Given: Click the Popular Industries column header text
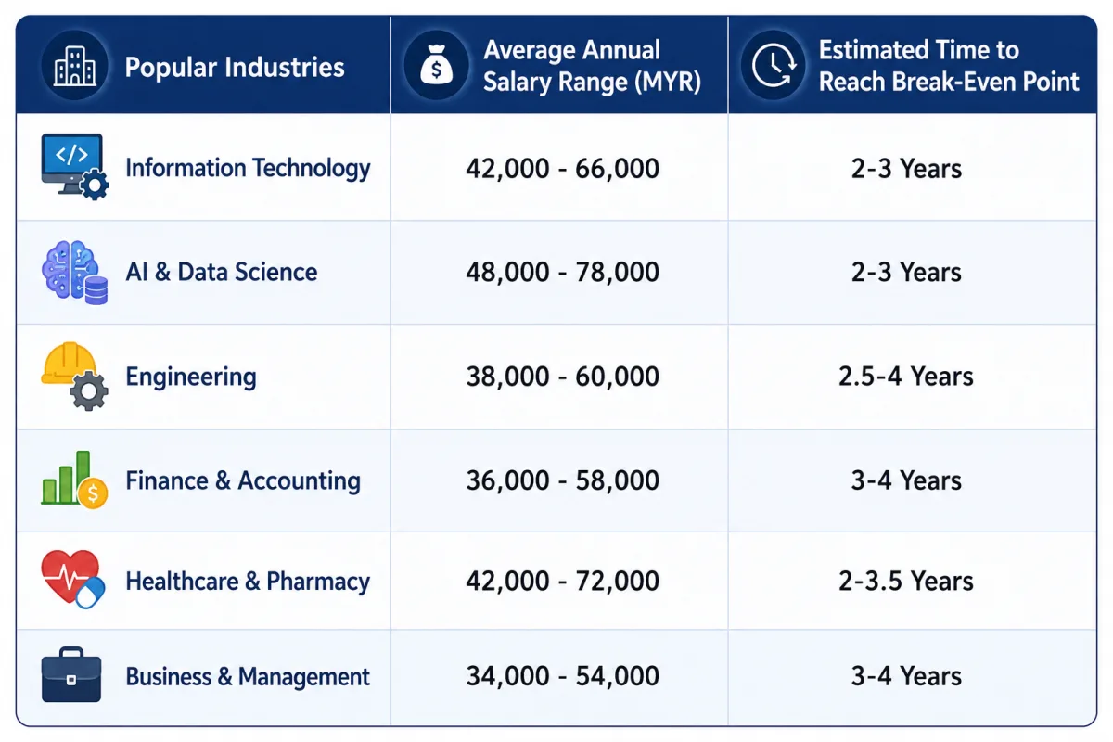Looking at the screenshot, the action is pyautogui.click(x=234, y=67).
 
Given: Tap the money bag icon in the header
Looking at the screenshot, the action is pyautogui.click(x=436, y=65).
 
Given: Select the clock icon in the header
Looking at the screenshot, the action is pyautogui.click(x=774, y=65).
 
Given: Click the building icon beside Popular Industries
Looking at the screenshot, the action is pyautogui.click(x=74, y=66).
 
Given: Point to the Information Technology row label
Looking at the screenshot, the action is pyautogui.click(x=248, y=168).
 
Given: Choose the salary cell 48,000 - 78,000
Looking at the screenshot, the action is pyautogui.click(x=562, y=272).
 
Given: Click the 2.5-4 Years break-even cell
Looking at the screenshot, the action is pyautogui.click(x=906, y=377).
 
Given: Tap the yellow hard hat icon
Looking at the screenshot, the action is pyautogui.click(x=69, y=364).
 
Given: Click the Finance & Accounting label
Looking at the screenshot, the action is pyautogui.click(x=243, y=480).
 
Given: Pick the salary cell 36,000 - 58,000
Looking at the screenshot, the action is pyautogui.click(x=562, y=480).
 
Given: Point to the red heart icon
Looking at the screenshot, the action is pyautogui.click(x=70, y=575).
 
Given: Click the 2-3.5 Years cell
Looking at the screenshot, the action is pyautogui.click(x=906, y=581).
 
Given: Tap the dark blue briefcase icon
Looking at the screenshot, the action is pyautogui.click(x=71, y=675).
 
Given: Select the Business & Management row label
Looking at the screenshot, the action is pyautogui.click(x=248, y=676).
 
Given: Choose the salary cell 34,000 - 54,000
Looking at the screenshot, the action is pyautogui.click(x=562, y=676).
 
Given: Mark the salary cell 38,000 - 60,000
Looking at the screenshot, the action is pyautogui.click(x=562, y=377).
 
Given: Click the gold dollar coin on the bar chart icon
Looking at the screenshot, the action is pyautogui.click(x=93, y=493).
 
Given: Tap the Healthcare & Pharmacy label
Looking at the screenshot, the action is pyautogui.click(x=248, y=581).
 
